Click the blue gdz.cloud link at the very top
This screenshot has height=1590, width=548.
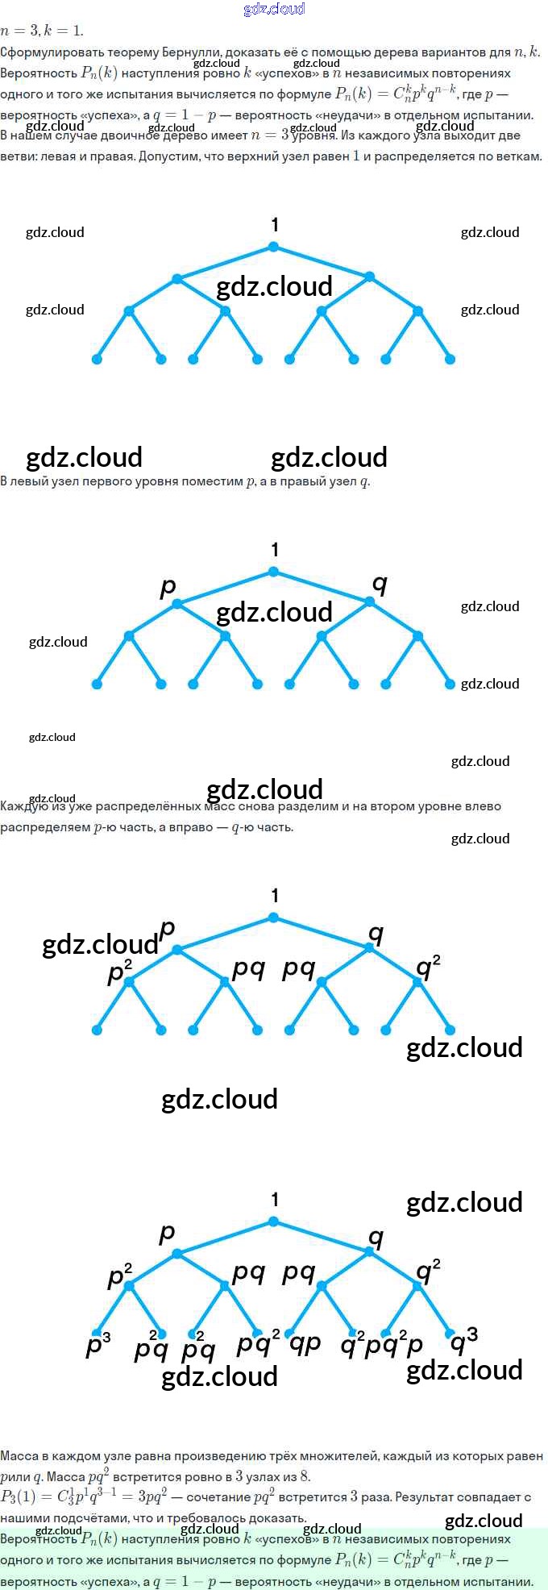point(274,9)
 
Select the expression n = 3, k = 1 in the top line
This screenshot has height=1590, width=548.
point(42,31)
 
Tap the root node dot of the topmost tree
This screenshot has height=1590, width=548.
point(273,247)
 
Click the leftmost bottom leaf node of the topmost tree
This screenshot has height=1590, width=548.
point(97,359)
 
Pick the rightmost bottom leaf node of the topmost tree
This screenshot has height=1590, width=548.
point(450,359)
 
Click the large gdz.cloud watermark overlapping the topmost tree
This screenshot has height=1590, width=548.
point(274,287)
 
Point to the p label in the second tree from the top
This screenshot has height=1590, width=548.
point(168,586)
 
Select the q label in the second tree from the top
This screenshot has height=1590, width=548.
point(380,584)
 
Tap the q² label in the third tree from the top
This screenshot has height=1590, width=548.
point(428,966)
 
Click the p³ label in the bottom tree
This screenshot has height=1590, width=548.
point(98,1344)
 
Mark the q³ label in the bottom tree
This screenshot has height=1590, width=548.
point(463,1341)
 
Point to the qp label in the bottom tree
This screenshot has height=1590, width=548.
point(305,1342)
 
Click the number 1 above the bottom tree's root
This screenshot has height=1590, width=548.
point(275,1200)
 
